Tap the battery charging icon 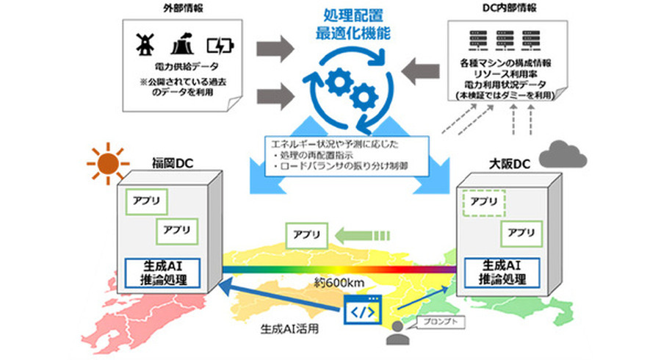(219, 46)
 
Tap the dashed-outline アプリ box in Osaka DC (482, 201)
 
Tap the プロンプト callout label (438, 321)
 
